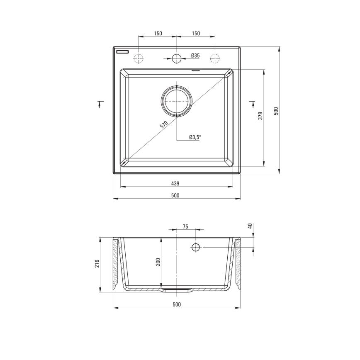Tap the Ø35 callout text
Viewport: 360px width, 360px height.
195,55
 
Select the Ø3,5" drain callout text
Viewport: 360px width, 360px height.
195,137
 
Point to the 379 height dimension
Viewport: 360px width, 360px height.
260,116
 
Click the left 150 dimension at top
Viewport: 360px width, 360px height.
158,34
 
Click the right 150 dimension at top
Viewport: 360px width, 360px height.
196,34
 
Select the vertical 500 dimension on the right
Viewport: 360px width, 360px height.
275,111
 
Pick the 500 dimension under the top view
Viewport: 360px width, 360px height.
175,195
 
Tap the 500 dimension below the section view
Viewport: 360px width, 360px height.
176,304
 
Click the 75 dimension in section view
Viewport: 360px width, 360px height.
185,226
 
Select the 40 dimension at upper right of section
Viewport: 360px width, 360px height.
250,226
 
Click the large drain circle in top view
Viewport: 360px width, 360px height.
177,101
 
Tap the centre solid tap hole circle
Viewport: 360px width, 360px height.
177,58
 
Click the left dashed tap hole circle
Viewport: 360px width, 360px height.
139,58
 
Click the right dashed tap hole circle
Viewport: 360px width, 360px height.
215,58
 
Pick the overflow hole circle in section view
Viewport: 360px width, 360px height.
196,248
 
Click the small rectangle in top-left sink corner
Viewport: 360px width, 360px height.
123,52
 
